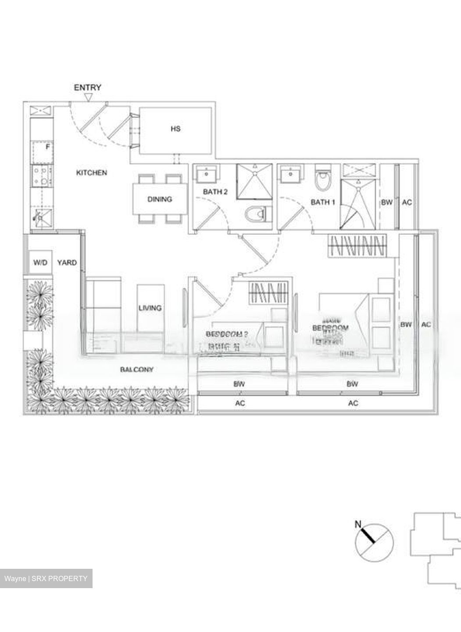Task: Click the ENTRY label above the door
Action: point(87,87)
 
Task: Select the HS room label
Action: point(175,129)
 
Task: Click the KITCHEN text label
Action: point(92,173)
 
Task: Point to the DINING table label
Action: point(159,199)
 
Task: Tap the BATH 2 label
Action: point(215,192)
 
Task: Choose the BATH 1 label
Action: point(323,202)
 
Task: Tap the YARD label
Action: point(67,263)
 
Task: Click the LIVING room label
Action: point(150,308)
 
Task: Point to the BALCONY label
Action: point(137,370)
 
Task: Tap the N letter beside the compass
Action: point(358,524)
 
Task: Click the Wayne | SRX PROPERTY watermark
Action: point(46,578)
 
